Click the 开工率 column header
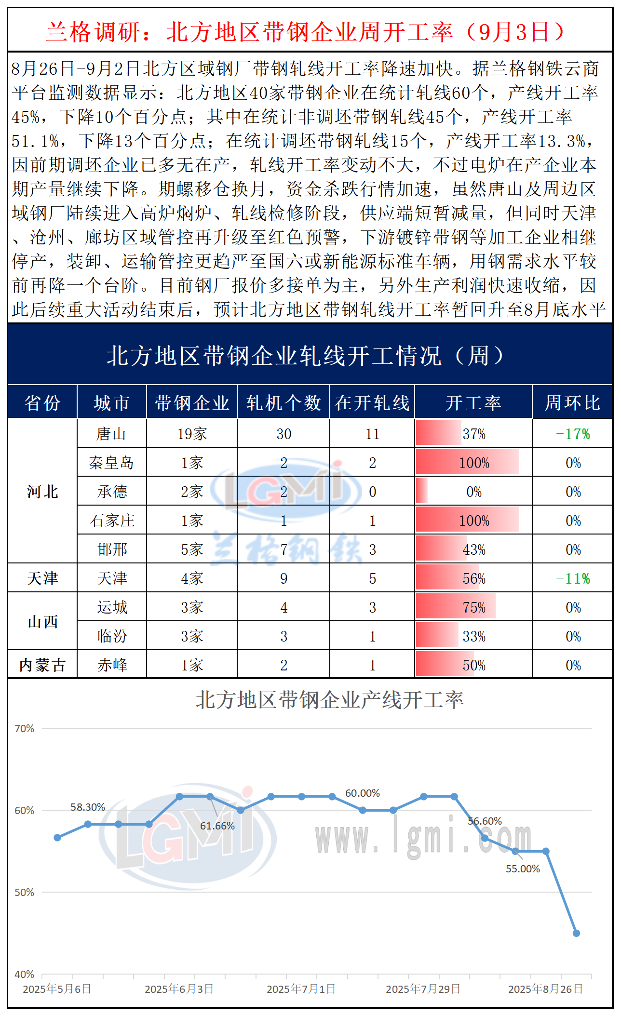point(473,402)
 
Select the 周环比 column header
point(572,402)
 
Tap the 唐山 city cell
point(111,434)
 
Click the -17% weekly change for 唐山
point(573,434)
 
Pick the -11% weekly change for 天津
point(573,578)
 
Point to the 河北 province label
point(42,492)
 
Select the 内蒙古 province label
point(42,665)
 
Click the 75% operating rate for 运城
point(474,607)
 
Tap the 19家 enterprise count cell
point(192,434)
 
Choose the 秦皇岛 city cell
point(111,463)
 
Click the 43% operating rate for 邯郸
point(474,549)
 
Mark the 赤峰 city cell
point(112,665)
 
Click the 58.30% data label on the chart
point(88,807)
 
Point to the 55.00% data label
point(523,869)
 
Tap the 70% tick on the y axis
point(24,728)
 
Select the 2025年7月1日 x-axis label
point(301,989)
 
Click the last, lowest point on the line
point(576,933)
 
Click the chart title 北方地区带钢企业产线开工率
point(329,700)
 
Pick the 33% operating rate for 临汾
point(474,636)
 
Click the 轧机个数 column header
point(283,402)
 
